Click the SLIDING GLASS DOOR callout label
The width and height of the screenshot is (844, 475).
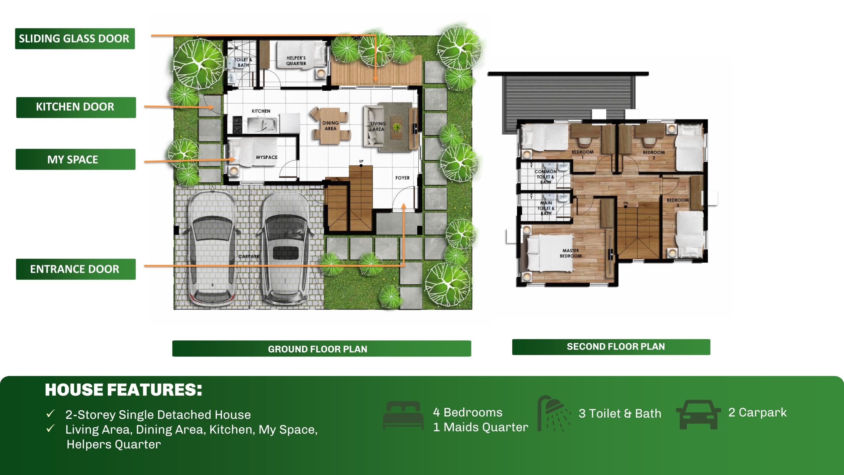pyautogui.click(x=75, y=39)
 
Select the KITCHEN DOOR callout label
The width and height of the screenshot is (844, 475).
pyautogui.click(x=76, y=107)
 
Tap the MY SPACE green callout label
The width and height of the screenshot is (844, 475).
pyautogui.click(x=75, y=159)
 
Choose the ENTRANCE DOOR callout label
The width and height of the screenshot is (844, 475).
pyautogui.click(x=76, y=269)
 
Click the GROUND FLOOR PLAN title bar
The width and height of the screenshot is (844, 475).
pyautogui.click(x=321, y=349)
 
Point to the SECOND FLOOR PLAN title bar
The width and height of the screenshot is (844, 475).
pyautogui.click(x=611, y=347)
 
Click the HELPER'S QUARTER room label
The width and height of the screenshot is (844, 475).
pyautogui.click(x=296, y=61)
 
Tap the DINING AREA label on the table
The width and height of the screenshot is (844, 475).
pyautogui.click(x=330, y=126)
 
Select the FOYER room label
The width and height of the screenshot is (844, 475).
pyautogui.click(x=403, y=178)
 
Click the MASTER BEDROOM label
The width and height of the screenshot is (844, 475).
pyautogui.click(x=571, y=253)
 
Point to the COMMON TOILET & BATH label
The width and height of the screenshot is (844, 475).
pyautogui.click(x=546, y=177)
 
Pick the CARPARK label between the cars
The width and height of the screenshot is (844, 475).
pyautogui.click(x=249, y=257)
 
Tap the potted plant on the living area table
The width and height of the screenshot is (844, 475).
pyautogui.click(x=397, y=127)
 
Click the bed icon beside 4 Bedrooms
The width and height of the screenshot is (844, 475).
pyautogui.click(x=403, y=415)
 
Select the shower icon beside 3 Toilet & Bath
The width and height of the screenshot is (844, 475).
pyautogui.click(x=554, y=414)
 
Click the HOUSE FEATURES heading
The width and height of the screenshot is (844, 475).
pyautogui.click(x=123, y=390)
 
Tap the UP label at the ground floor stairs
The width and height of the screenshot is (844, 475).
pyautogui.click(x=361, y=161)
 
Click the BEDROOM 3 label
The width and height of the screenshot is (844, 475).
pyautogui.click(x=678, y=203)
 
